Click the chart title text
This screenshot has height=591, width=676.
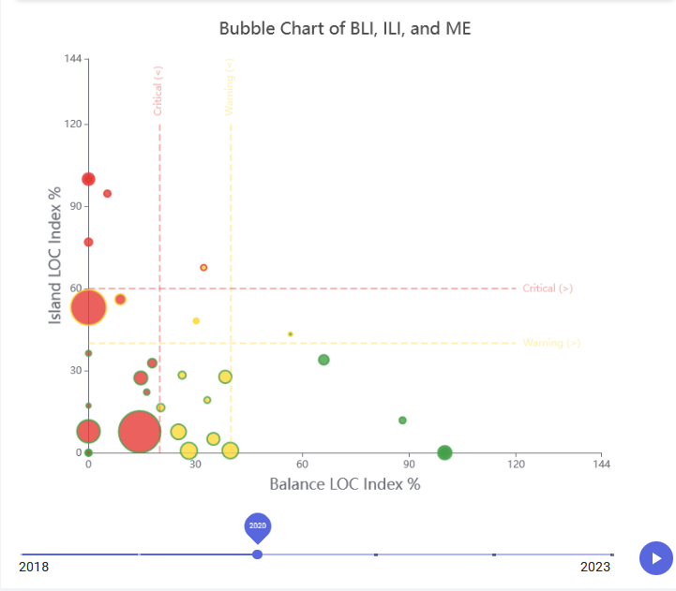(x=345, y=28)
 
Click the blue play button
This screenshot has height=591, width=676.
(x=656, y=557)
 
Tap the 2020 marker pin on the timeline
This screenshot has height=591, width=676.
(x=258, y=527)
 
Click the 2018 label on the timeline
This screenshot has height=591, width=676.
(x=34, y=567)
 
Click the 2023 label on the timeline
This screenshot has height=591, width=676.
(x=594, y=567)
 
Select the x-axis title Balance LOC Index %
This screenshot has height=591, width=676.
(x=344, y=484)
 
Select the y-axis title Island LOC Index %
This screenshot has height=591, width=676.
(x=55, y=254)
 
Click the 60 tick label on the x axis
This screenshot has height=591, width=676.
(x=302, y=464)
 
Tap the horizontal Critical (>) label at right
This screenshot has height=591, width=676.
(x=548, y=288)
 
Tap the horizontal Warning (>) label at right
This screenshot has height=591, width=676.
(x=551, y=343)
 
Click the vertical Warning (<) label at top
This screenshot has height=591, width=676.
(x=230, y=87)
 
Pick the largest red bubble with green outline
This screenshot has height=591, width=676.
(x=140, y=432)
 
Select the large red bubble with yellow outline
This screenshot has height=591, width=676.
(x=89, y=306)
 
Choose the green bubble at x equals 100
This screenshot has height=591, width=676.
(x=444, y=452)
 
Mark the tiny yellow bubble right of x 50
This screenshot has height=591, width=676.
(x=291, y=334)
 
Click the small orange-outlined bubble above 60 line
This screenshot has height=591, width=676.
(x=203, y=268)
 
